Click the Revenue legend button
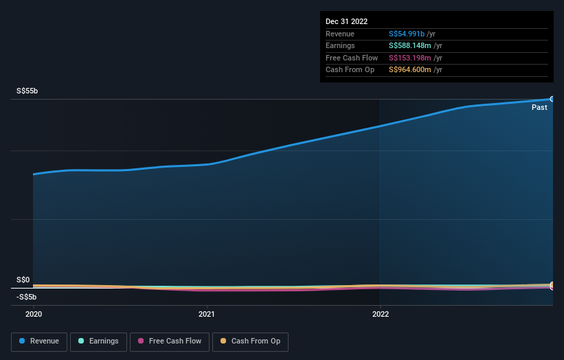39,341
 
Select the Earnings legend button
98,341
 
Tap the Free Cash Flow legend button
169,341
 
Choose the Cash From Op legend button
251,341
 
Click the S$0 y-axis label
23,280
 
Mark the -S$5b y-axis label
27,297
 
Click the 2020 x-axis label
34,314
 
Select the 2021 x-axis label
207,314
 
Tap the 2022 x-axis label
380,314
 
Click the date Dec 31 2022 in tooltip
347,22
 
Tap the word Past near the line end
539,107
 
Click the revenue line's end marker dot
552,99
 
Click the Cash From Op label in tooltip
350,70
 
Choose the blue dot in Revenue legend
23,341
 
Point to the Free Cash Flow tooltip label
352,58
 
